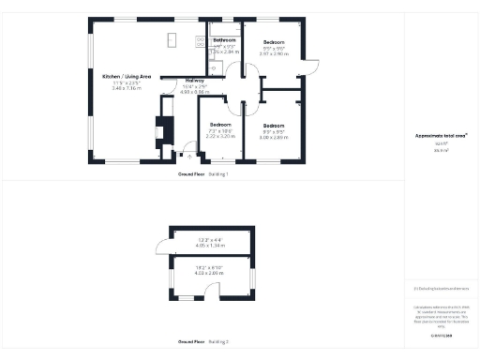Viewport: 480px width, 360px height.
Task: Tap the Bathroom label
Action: (224, 40)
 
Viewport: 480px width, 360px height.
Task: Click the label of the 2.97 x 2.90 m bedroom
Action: (273, 43)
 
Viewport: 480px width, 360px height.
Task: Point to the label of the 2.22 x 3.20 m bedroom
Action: (220, 125)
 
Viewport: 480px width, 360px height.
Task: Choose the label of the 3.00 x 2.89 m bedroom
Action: (274, 126)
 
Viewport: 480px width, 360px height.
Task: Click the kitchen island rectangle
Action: (173, 39)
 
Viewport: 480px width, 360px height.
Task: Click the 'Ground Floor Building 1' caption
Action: (203, 174)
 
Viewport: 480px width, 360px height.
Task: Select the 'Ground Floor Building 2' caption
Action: (203, 341)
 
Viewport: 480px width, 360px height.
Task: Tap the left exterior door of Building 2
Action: (162, 247)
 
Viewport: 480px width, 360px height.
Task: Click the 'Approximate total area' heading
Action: (441, 136)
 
